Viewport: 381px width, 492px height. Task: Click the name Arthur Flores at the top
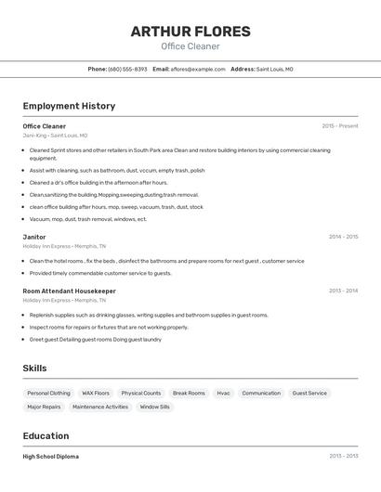[190, 32]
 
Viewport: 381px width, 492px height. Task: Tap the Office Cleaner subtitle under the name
[190, 46]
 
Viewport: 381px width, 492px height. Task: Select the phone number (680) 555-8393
[127, 69]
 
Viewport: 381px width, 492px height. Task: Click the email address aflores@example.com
[199, 69]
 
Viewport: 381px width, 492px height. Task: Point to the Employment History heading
[69, 106]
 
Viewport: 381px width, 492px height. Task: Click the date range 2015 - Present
[339, 126]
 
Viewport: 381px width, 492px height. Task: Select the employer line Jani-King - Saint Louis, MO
[55, 136]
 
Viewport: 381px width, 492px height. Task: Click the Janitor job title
[34, 237]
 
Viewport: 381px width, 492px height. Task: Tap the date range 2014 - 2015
[343, 237]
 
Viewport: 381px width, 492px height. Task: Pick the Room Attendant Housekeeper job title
[69, 291]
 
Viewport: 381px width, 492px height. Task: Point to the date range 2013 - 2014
[343, 291]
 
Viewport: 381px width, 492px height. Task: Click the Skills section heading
[34, 369]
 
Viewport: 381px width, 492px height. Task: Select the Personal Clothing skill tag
[48, 393]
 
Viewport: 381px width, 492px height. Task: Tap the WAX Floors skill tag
[96, 393]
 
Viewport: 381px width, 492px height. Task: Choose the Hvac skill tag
[223, 393]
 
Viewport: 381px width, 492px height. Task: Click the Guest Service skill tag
[309, 393]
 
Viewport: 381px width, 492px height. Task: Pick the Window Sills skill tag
[154, 407]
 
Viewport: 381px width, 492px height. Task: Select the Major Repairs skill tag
[44, 407]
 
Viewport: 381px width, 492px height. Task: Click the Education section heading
[46, 435]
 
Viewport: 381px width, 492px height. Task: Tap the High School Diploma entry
[51, 457]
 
